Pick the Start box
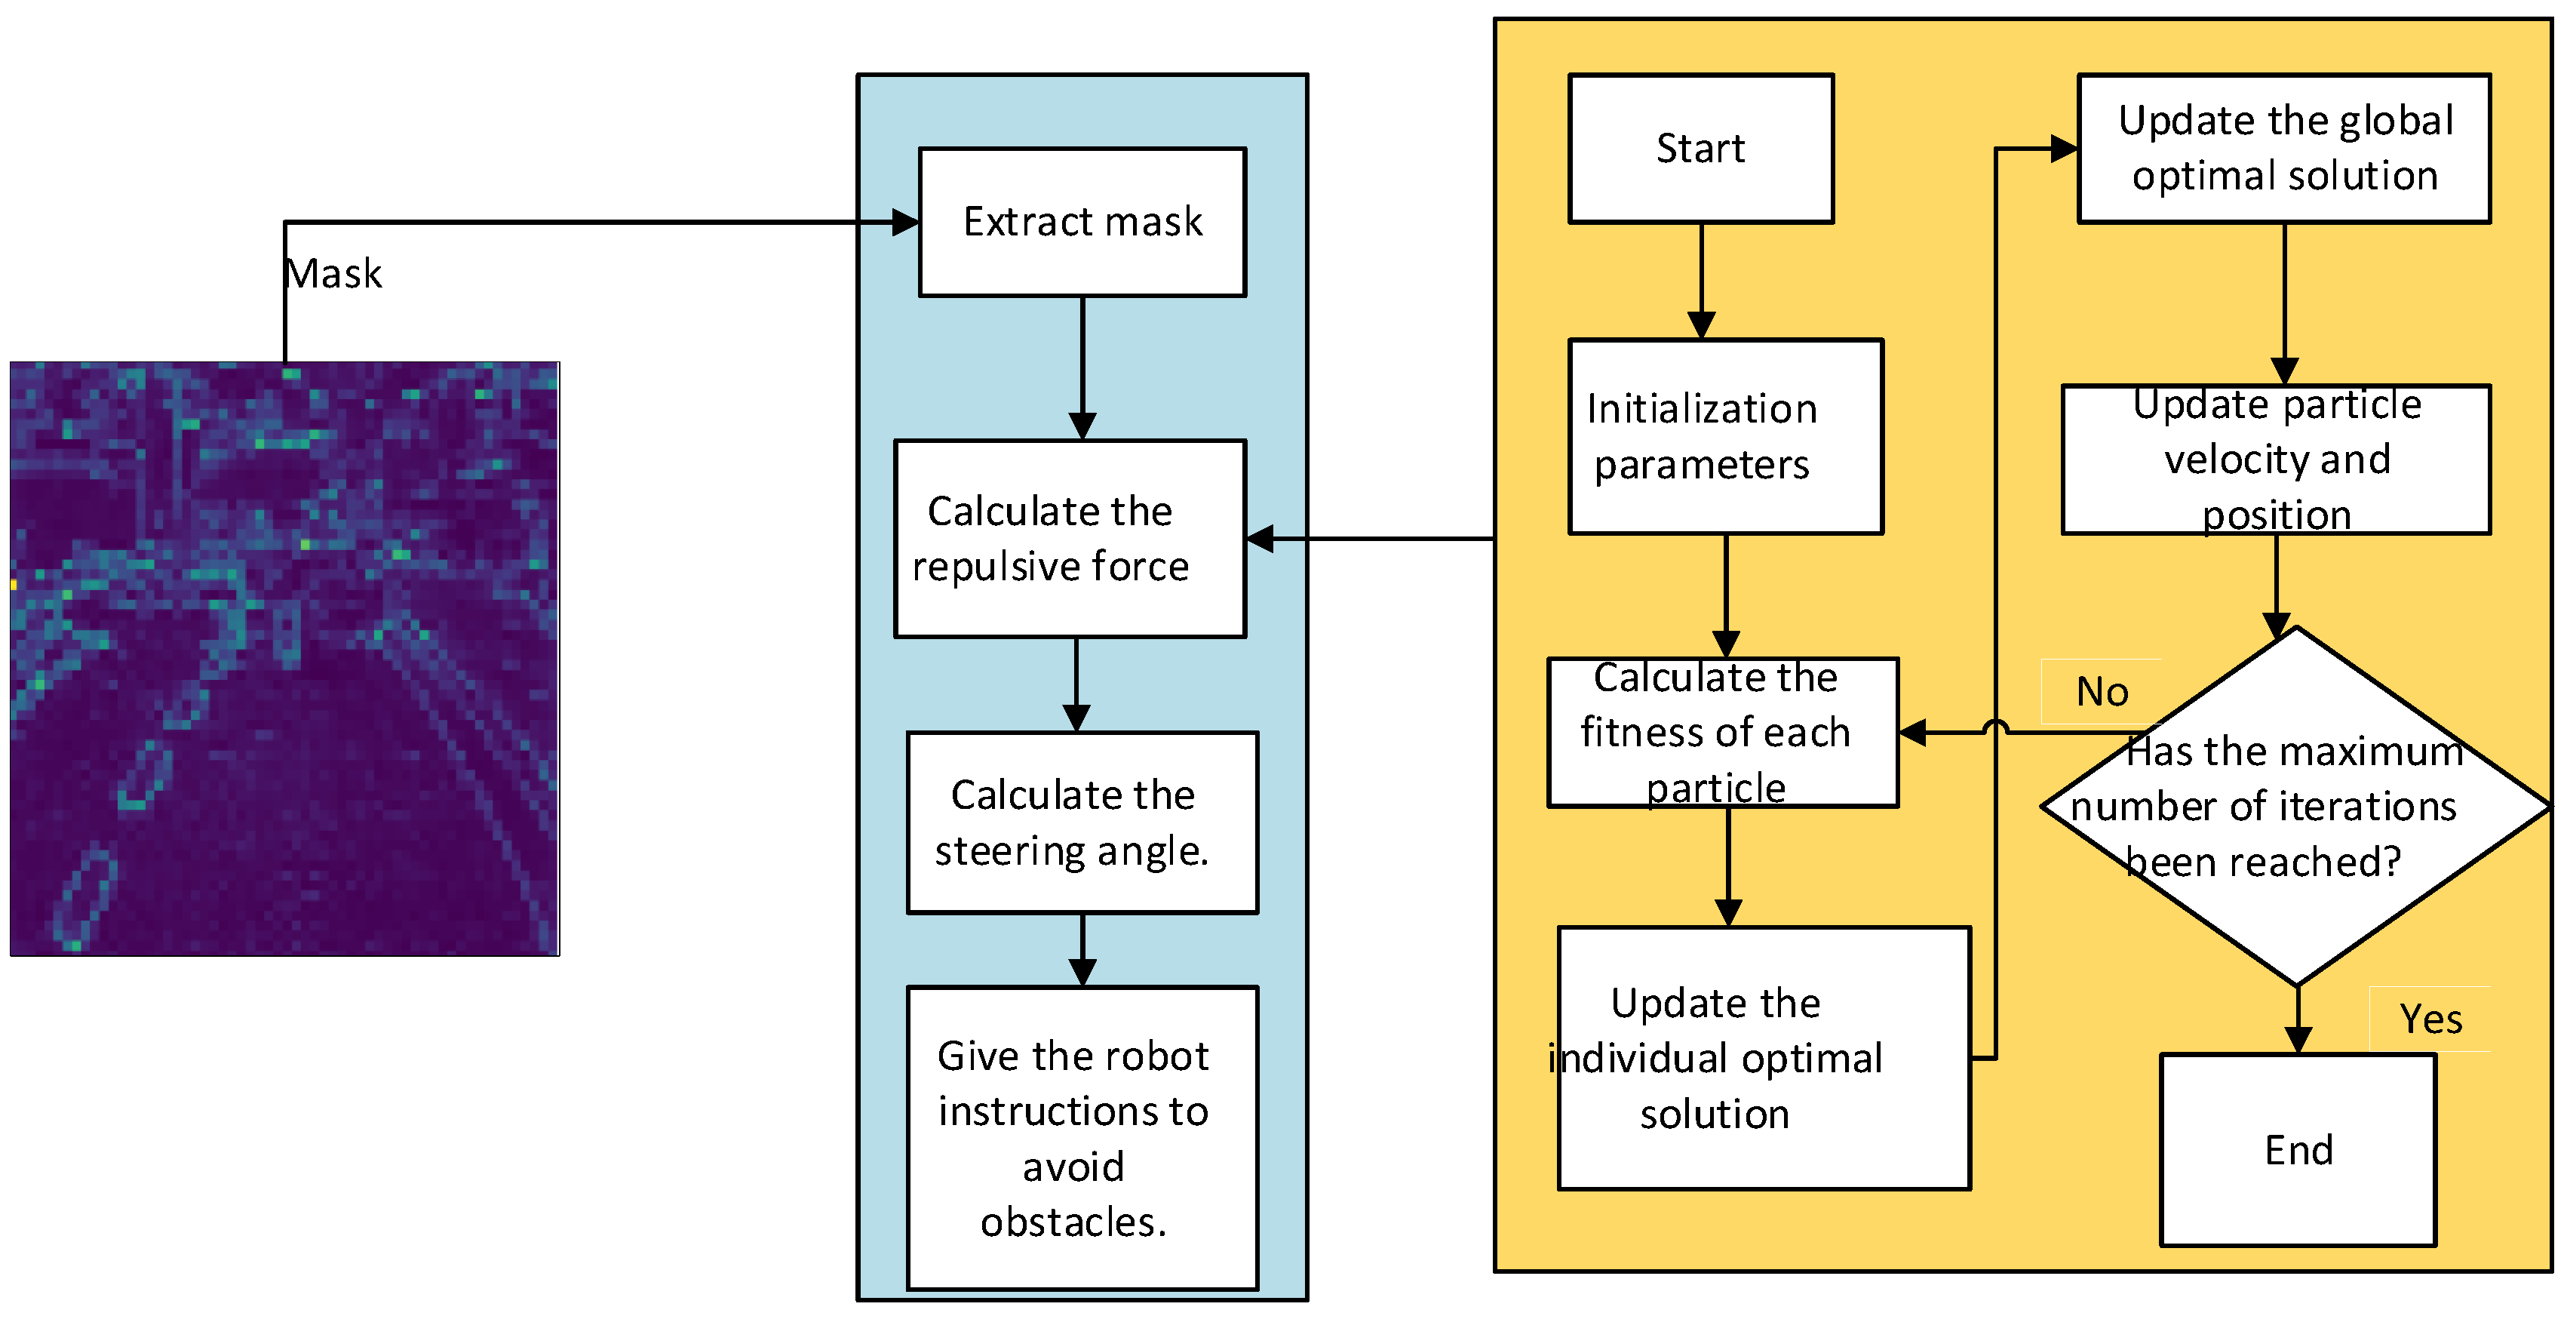point(1700,149)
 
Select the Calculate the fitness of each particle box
point(1722,732)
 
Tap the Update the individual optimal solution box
point(1763,1057)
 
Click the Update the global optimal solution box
point(2283,149)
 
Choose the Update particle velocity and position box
point(2275,460)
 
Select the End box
point(2297,1149)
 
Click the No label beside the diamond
point(2101,691)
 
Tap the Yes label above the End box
point(2430,1019)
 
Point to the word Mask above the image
point(333,273)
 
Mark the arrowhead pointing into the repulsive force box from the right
point(1260,538)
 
